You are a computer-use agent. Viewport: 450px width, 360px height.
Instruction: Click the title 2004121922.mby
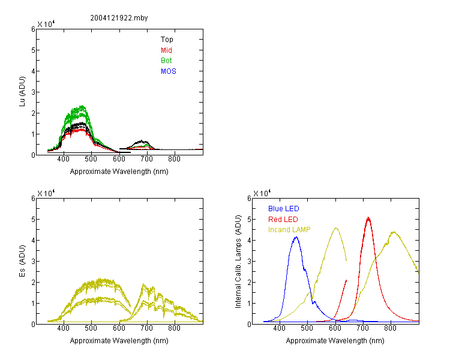119,18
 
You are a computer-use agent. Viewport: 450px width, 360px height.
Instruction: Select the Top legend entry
167,40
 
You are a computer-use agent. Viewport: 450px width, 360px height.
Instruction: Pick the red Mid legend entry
166,50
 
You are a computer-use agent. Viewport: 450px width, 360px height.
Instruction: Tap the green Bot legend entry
166,61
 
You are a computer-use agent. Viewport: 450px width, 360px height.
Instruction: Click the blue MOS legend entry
168,71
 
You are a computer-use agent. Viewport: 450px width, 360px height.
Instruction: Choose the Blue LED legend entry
284,209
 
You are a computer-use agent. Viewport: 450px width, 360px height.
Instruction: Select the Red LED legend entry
283,220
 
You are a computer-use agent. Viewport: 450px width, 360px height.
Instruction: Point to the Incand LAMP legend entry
289,230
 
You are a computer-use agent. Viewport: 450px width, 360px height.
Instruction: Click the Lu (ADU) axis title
22,92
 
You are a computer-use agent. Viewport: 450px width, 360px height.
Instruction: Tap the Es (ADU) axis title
22,261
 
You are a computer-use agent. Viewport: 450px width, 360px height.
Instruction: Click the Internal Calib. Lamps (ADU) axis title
238,262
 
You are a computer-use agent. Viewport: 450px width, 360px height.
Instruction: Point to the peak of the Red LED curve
368,218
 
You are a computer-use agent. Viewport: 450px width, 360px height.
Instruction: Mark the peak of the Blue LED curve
296,237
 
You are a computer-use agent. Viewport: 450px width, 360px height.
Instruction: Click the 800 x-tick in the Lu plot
174,159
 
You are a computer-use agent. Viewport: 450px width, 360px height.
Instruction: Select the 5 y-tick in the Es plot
33,220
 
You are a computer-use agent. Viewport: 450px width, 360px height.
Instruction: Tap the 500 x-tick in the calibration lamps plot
307,328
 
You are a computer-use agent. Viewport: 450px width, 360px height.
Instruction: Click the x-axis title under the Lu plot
119,172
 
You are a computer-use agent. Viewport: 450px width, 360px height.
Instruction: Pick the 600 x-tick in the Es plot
119,328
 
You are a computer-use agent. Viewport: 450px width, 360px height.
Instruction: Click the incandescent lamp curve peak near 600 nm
336,228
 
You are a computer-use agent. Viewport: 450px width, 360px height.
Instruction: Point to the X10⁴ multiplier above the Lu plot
46,24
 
